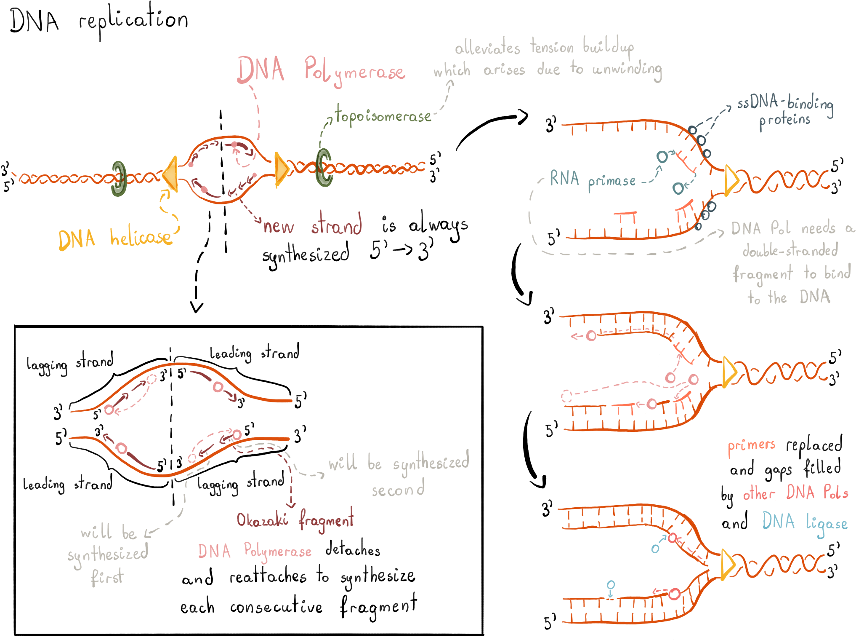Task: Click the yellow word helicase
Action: coord(141,238)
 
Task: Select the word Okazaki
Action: coord(262,520)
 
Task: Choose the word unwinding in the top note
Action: coord(627,70)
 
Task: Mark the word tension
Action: coord(552,47)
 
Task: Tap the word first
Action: coord(107,576)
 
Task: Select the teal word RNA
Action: coord(564,179)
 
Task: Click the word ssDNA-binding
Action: coord(785,104)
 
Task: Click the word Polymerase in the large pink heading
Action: coord(355,72)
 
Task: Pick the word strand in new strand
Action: coord(336,225)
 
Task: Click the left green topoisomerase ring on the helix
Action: coord(119,179)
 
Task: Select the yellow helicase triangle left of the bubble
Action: coord(171,173)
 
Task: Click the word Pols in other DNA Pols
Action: coord(835,492)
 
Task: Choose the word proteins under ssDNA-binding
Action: coord(784,121)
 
